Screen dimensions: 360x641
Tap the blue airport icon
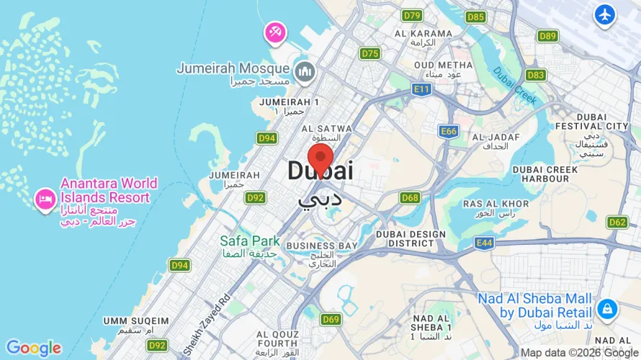(x=605, y=14)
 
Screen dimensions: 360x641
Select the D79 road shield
(x=413, y=15)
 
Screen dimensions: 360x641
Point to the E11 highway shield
(x=421, y=88)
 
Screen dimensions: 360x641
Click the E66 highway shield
(x=449, y=131)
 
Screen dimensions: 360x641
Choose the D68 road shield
(x=411, y=197)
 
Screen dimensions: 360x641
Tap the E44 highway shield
(x=484, y=243)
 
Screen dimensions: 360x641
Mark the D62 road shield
(x=617, y=222)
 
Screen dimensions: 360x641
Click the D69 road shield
(x=331, y=319)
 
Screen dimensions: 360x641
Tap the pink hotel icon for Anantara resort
(x=45, y=199)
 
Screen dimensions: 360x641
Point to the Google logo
(x=34, y=348)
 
